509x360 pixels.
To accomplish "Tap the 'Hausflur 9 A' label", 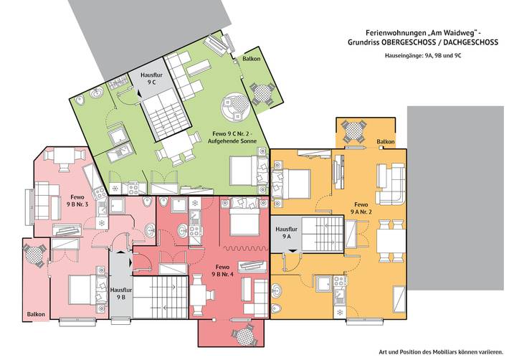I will tap(286, 232).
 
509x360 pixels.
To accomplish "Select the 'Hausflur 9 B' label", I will tap(120, 293).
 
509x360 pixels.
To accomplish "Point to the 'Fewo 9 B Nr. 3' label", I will tap(76, 201).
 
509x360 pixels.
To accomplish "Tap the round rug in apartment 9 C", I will tap(235, 108).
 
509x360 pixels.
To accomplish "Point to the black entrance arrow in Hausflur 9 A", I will tap(292, 248).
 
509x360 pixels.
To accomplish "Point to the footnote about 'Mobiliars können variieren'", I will tap(440, 351).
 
